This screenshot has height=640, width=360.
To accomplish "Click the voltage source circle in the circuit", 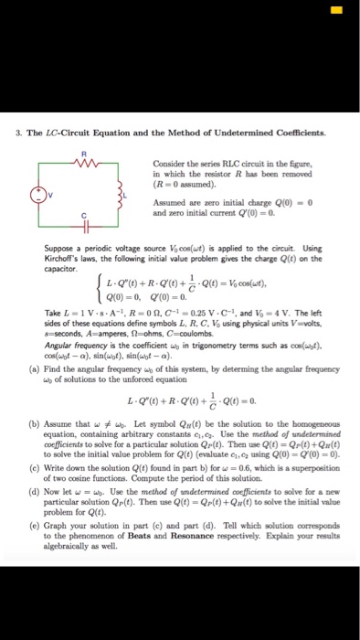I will [37, 193].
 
